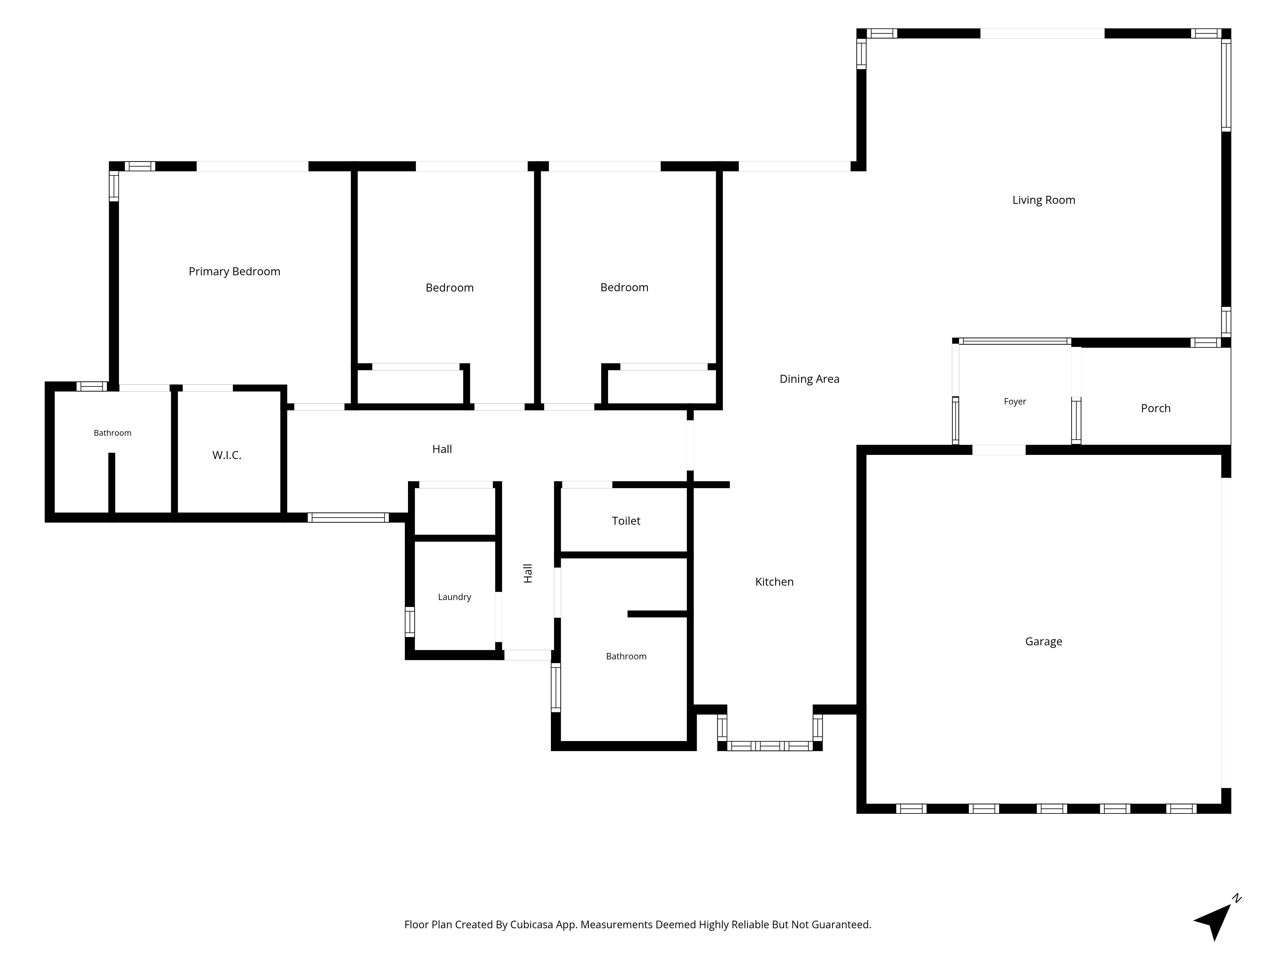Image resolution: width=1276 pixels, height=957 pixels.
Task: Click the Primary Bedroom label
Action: (234, 272)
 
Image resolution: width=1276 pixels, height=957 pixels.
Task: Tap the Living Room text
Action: (1043, 200)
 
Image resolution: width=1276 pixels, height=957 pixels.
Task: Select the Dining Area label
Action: (809, 379)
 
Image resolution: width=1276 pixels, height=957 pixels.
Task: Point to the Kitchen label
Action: (774, 582)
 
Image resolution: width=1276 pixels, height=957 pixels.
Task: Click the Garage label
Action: (1043, 642)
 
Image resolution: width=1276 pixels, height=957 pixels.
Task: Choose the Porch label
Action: (1155, 408)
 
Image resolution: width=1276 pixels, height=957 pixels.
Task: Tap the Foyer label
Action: (1015, 402)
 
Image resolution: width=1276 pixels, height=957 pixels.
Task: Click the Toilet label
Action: (626, 521)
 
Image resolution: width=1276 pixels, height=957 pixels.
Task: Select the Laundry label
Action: (455, 597)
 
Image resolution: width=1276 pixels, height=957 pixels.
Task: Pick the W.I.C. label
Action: (227, 455)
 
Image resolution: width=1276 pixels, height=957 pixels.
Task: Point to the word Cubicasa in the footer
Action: (531, 925)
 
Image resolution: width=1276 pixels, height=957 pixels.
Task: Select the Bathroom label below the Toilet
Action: (626, 657)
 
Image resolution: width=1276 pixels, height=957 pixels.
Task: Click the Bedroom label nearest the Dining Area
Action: (624, 287)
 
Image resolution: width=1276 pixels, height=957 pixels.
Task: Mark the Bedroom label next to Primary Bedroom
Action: (449, 288)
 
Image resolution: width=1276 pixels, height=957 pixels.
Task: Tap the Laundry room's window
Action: (410, 622)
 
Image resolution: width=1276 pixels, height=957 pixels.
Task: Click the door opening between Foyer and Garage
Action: (999, 450)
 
